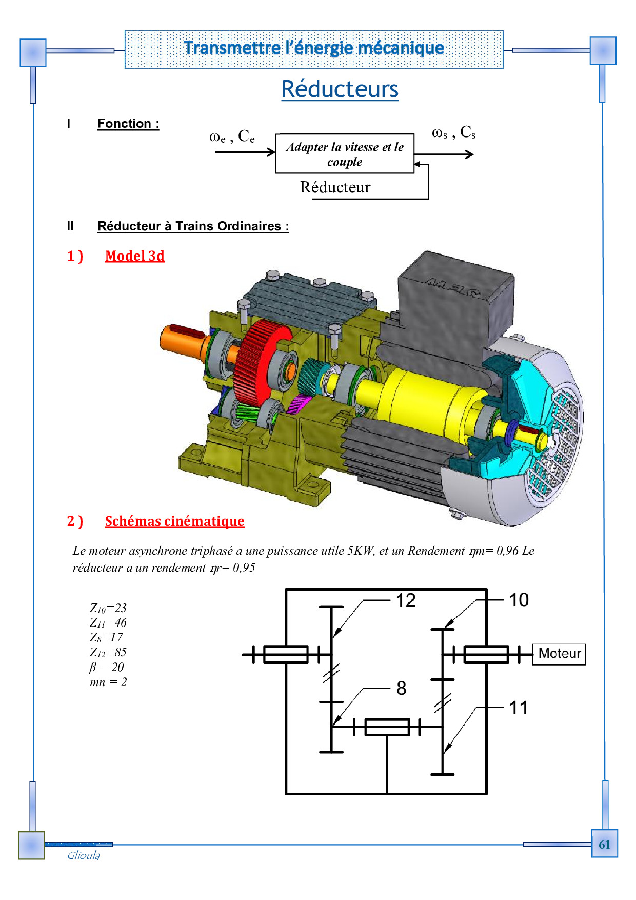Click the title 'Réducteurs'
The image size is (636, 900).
pos(340,89)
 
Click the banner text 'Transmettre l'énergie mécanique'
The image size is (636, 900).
pos(314,48)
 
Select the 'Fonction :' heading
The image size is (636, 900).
pos(128,124)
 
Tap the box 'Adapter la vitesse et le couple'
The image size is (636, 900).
pos(345,154)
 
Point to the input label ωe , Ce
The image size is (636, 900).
pos(232,136)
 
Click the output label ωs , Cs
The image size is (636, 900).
pos(454,132)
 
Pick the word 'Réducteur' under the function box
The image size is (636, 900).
pos(335,187)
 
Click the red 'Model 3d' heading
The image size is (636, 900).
pos(135,256)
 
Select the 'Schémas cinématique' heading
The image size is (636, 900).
pos(175,521)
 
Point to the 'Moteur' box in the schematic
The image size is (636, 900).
pos(559,654)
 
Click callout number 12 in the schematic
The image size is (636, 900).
pos(406,600)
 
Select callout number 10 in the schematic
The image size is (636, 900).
pos(519,600)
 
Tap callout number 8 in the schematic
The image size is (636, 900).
pos(402,689)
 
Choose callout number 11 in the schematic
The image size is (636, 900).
pos(519,708)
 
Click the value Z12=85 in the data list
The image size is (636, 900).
pos(108,653)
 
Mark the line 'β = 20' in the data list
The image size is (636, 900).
pos(107,667)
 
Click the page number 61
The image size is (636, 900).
pos(604,845)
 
